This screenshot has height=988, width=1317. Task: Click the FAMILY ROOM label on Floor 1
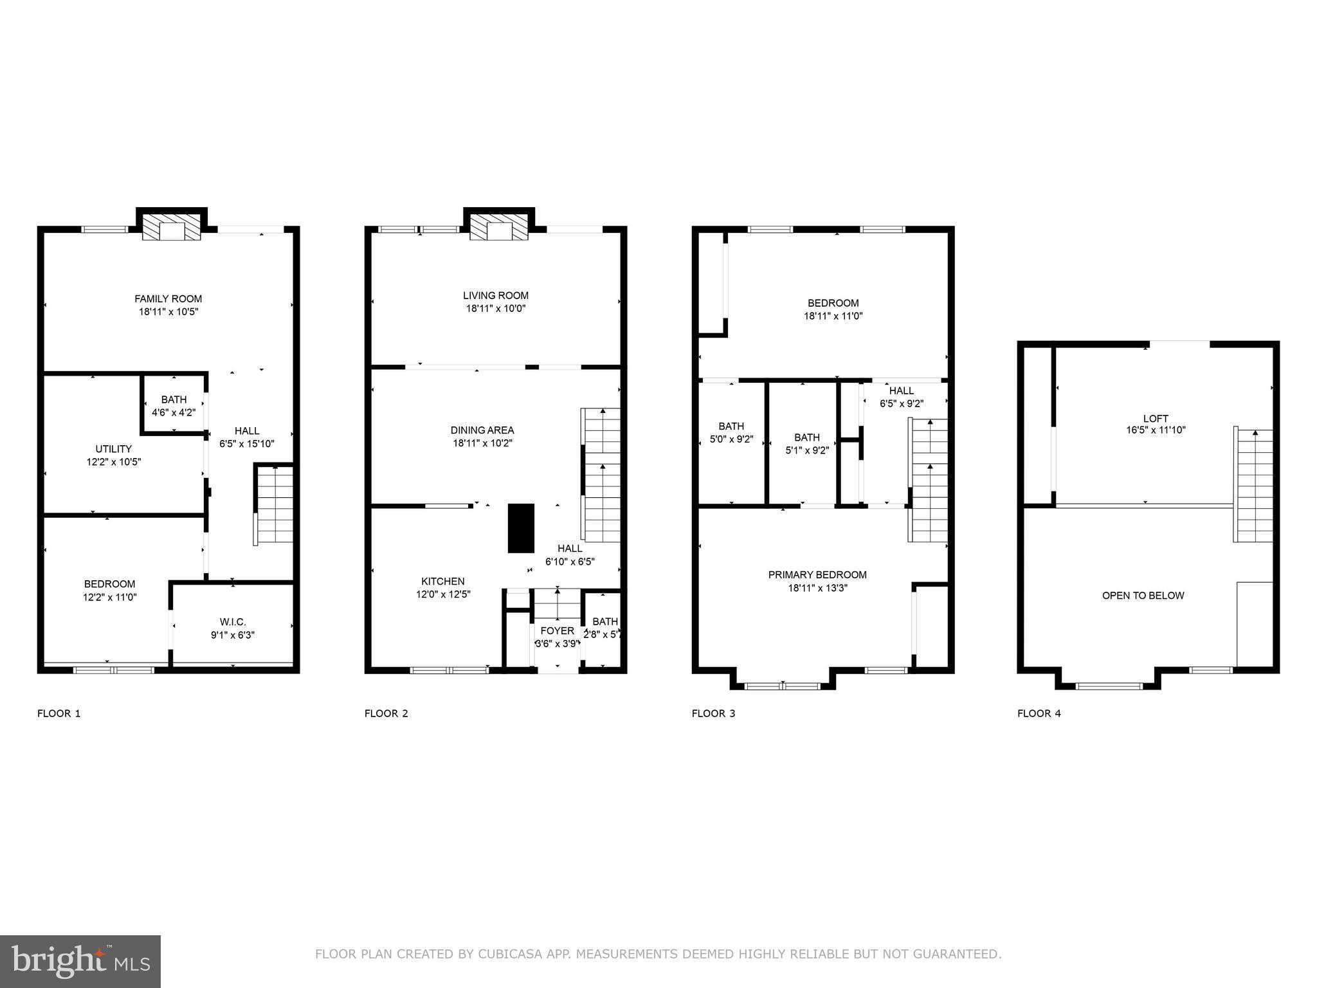pyautogui.click(x=168, y=298)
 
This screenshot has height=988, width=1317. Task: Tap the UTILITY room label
pyautogui.click(x=114, y=449)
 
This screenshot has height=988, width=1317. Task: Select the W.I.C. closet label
pyautogui.click(x=233, y=622)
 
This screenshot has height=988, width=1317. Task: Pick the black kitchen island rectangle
pyautogui.click(x=521, y=528)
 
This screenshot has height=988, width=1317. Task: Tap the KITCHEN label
pyautogui.click(x=443, y=581)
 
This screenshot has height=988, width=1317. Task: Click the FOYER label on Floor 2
pyautogui.click(x=557, y=631)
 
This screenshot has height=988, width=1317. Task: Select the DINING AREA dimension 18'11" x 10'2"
pyautogui.click(x=482, y=443)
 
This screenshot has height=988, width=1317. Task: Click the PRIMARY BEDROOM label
pyautogui.click(x=817, y=575)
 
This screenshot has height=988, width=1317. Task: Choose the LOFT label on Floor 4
pyautogui.click(x=1156, y=418)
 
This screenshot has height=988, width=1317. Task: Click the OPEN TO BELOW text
pyautogui.click(x=1143, y=596)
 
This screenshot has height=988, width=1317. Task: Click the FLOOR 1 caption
pyautogui.click(x=59, y=713)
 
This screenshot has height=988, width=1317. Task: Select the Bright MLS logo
pyautogui.click(x=80, y=961)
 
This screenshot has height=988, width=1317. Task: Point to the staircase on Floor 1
pyautogui.click(x=275, y=505)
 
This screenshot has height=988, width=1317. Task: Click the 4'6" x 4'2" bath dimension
pyautogui.click(x=174, y=413)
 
